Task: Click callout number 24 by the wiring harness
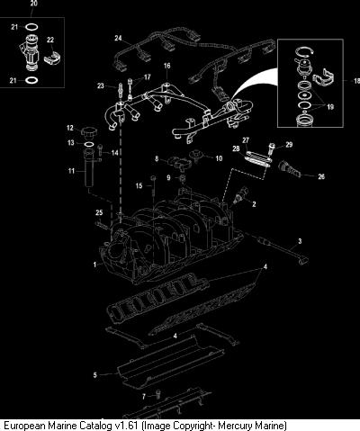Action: pos(118,38)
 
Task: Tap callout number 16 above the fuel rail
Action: pos(167,66)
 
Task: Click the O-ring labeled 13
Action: pos(89,145)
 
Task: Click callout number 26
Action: pos(321,176)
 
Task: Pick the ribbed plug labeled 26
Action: pos(289,170)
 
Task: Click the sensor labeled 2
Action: pos(240,195)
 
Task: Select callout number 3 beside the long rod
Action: pos(300,241)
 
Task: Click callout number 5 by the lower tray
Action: pos(95,375)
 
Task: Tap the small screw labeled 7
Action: pos(158,394)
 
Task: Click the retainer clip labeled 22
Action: pos(52,58)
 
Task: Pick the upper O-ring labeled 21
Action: pos(31,27)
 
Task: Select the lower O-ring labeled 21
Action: pos(31,80)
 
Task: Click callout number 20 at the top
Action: pos(34,4)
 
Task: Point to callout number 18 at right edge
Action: pos(356,81)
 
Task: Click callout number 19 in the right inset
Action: pos(330,107)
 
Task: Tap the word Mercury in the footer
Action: pos(236,426)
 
